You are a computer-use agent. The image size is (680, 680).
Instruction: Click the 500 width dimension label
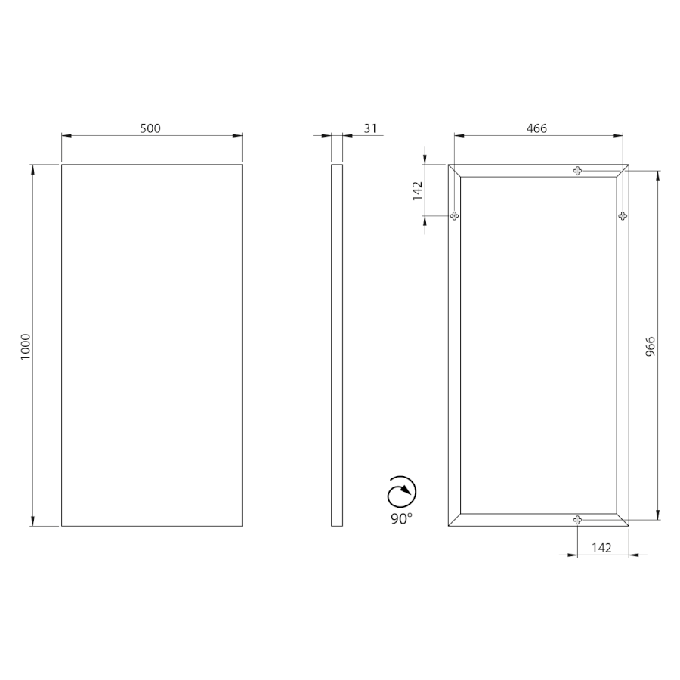(150, 128)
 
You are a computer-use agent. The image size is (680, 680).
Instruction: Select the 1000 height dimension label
(26, 347)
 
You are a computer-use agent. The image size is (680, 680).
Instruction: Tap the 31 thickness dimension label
(370, 128)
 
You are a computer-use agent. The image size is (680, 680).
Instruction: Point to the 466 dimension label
(536, 128)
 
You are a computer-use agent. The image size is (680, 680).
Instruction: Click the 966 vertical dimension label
(651, 347)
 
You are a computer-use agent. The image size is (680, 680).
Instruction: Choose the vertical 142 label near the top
(417, 191)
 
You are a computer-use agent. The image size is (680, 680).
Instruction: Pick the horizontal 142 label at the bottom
(601, 548)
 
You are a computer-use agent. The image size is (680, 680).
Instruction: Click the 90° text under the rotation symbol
(401, 518)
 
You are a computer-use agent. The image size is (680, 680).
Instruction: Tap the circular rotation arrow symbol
(402, 492)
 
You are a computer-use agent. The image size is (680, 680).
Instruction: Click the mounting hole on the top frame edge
(577, 171)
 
